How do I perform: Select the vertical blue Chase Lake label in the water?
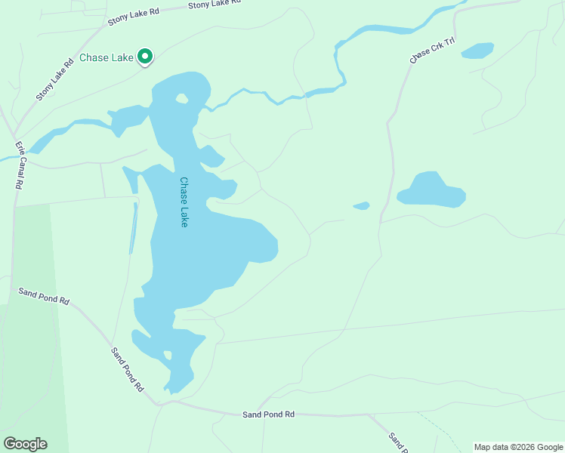[x=184, y=202]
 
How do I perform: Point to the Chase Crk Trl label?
[x=430, y=52]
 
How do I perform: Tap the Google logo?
[x=25, y=443]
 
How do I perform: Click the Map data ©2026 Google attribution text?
[x=518, y=447]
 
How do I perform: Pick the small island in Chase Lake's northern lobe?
[x=181, y=98]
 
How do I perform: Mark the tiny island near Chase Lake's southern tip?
[x=168, y=355]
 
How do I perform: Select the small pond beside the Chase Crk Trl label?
[x=477, y=51]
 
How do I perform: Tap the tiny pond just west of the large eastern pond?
[x=362, y=205]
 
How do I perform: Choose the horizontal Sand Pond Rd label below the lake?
[x=267, y=414]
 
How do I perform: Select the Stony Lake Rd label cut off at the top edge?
[x=214, y=4]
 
